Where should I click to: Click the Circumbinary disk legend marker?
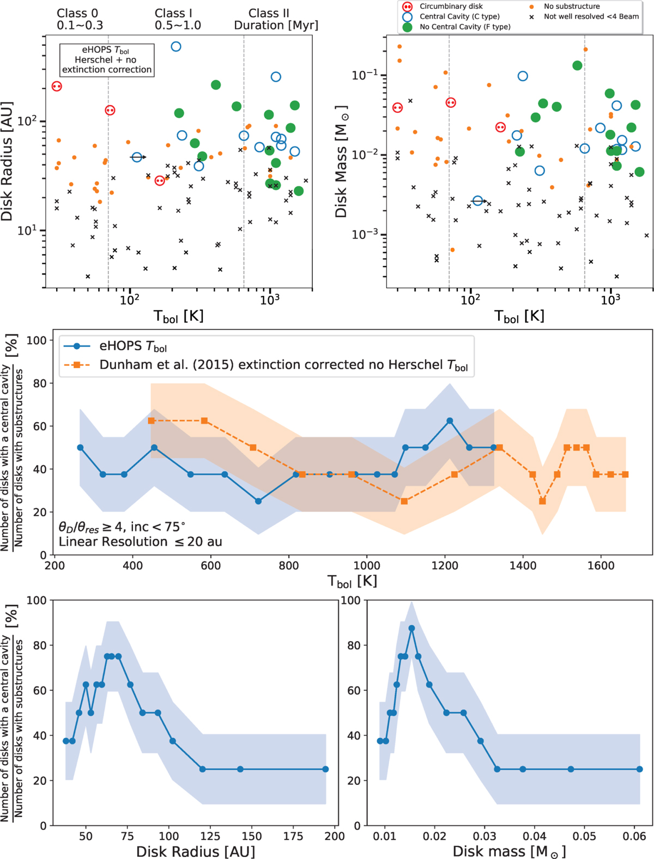coord(407,7)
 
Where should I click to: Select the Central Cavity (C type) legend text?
coord(459,16)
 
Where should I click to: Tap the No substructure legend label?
coord(571,7)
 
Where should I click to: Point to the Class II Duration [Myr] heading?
coord(276,19)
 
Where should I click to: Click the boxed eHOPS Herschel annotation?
coord(107,60)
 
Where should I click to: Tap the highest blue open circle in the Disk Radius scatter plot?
coord(175,47)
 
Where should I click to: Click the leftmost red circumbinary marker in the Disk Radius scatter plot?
coord(57,87)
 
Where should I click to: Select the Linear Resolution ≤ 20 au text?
coord(140,541)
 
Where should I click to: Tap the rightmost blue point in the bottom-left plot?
coord(325,769)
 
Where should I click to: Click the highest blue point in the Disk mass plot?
coord(412,628)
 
